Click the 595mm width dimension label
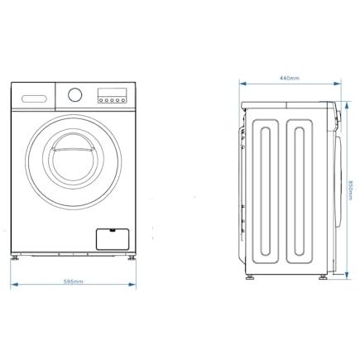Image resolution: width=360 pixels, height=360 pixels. click(73, 281)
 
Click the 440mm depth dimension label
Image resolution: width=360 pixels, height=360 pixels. click(290, 78)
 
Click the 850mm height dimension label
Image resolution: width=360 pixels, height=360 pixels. click(351, 190)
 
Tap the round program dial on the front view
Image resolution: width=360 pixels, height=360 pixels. click(75, 94)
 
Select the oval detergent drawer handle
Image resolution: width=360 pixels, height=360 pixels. click(34, 98)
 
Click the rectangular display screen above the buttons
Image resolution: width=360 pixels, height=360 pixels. click(112, 93)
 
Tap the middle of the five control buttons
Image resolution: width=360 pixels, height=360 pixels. click(112, 100)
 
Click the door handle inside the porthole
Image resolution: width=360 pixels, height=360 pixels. click(73, 150)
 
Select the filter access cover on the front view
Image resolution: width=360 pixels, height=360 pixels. click(113, 239)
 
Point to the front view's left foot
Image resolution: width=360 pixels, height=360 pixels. click(14, 258)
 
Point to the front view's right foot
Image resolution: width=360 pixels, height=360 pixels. click(132, 258)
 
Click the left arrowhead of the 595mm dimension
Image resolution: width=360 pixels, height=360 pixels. click(14, 284)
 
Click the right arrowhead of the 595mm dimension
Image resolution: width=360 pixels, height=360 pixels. click(132, 284)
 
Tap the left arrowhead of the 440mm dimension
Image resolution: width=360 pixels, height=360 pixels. click(243, 84)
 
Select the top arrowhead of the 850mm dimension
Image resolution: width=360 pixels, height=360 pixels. click(347, 105)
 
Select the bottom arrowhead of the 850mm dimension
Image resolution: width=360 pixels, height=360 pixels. click(347, 275)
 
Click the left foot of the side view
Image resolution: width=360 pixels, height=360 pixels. click(250, 277)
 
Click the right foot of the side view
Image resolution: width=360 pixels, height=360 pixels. click(323, 277)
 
